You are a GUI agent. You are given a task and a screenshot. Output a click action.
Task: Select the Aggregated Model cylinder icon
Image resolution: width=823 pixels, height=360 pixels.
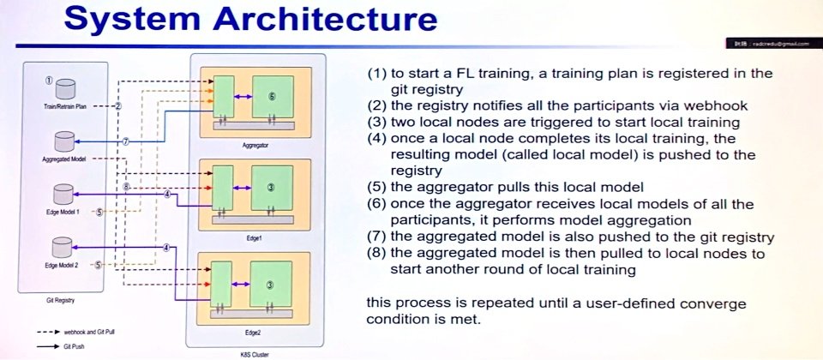[x=63, y=142]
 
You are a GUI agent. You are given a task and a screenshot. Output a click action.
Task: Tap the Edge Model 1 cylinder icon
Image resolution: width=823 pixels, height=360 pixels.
[x=63, y=195]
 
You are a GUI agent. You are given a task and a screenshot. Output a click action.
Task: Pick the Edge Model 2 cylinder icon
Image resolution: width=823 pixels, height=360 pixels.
[x=63, y=248]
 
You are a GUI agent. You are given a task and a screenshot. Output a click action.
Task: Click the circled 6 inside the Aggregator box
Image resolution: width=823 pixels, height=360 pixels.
[x=271, y=97]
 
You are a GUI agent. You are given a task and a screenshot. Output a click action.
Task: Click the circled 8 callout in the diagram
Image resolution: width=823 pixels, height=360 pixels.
[x=126, y=186]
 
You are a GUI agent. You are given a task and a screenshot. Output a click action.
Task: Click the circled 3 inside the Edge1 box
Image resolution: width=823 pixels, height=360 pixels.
[x=271, y=188]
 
